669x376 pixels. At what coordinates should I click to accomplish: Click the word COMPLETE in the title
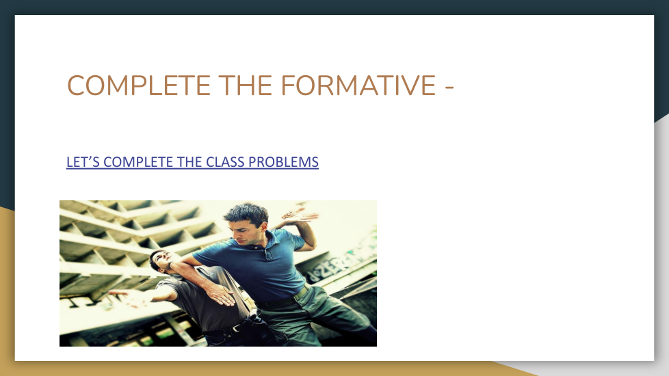139,85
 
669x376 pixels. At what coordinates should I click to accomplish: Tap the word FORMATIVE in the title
358,85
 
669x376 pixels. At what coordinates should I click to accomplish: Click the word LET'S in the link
83,162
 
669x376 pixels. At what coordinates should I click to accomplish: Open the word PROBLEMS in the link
283,162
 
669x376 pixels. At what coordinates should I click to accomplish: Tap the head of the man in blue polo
247,224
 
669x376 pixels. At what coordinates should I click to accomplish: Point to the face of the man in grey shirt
163,259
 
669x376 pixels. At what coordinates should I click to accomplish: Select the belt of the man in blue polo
284,299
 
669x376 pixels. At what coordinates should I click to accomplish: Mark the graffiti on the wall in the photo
337,265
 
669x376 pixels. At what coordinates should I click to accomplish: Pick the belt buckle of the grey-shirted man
237,327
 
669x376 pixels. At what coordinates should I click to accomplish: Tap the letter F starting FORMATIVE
288,85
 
